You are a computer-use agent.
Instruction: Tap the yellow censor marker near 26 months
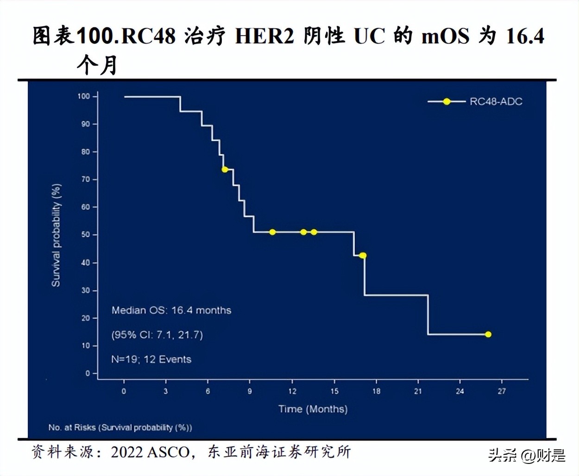pyautogui.click(x=488, y=334)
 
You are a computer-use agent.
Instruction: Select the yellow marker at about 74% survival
pyautogui.click(x=225, y=169)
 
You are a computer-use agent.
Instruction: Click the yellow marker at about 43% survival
pyautogui.click(x=363, y=256)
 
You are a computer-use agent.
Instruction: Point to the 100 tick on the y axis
pyautogui.click(x=84, y=96)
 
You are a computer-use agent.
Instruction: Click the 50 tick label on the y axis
pyautogui.click(x=86, y=235)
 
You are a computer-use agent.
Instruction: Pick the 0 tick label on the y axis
pyautogui.click(x=88, y=373)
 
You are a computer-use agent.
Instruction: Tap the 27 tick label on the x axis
pyautogui.click(x=502, y=391)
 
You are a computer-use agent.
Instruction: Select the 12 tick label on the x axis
pyautogui.click(x=292, y=391)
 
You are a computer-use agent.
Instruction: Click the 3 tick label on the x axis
pyautogui.click(x=166, y=391)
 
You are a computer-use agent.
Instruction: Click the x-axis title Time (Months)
pyautogui.click(x=313, y=409)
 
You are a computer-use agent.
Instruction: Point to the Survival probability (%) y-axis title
pyautogui.click(x=56, y=235)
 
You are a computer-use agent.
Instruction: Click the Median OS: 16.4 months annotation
pyautogui.click(x=171, y=310)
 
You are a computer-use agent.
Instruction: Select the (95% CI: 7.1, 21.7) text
pyautogui.click(x=157, y=335)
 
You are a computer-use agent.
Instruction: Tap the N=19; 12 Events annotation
pyautogui.click(x=151, y=359)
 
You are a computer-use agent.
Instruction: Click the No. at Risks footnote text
pyautogui.click(x=120, y=427)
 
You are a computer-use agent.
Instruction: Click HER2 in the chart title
pyautogui.click(x=264, y=36)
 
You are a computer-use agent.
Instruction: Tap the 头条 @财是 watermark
pyautogui.click(x=527, y=456)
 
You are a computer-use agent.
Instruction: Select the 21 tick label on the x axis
pyautogui.click(x=418, y=391)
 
